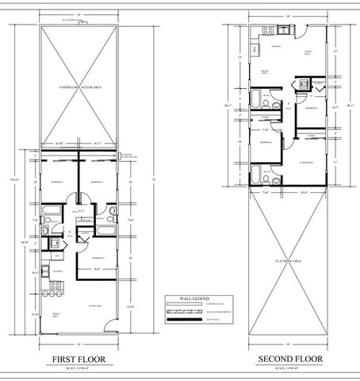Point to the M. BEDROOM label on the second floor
pos(303,162)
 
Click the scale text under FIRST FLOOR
pos(82,368)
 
